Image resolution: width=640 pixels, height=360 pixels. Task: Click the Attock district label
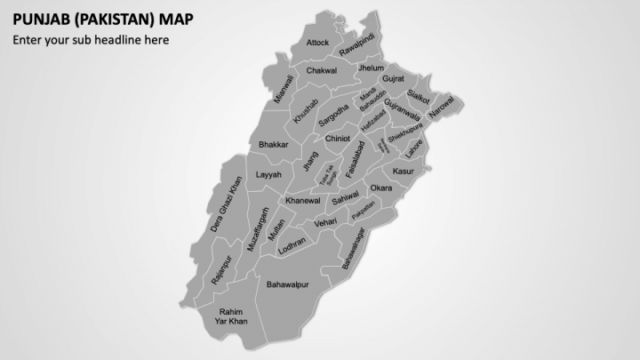[317, 43]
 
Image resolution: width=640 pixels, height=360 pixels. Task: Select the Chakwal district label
[321, 70]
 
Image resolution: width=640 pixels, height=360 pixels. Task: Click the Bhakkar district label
[274, 144]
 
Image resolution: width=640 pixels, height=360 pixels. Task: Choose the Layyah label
[268, 175]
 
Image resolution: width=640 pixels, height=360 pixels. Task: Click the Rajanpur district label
[221, 269]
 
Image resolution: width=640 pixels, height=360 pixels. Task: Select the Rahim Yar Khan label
[231, 316]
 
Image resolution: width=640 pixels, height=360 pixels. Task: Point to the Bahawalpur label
[287, 284]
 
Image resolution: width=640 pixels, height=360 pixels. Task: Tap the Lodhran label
[292, 246]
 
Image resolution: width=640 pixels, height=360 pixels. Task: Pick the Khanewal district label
[302, 201]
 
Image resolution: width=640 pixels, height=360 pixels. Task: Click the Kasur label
[404, 170]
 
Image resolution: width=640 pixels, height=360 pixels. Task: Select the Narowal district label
[441, 108]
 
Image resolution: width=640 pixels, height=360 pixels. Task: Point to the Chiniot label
[338, 139]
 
